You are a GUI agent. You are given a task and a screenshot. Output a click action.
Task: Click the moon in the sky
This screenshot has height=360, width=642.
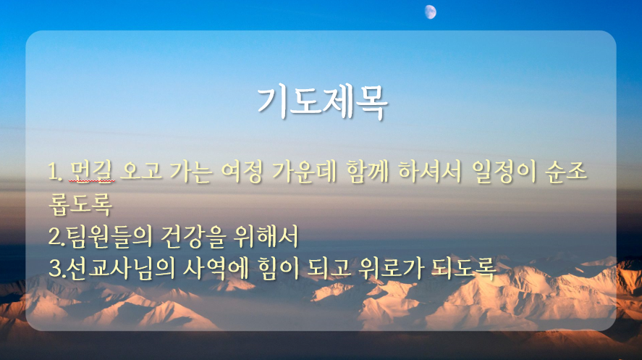431,12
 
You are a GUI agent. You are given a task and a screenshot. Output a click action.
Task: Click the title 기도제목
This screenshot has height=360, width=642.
322,102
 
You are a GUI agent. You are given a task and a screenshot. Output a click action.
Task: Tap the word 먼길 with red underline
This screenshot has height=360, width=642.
92,171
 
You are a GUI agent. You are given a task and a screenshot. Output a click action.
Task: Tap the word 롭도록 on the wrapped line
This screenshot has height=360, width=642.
80,204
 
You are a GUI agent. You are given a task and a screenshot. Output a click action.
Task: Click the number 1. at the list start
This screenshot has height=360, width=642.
55,172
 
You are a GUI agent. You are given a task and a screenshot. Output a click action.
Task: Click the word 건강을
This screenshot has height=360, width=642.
193,236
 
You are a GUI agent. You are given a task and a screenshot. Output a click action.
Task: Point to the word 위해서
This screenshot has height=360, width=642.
266,236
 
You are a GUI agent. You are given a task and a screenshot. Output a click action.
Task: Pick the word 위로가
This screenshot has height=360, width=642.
391,268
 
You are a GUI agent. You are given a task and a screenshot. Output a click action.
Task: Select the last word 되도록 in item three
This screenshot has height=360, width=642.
463,268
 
